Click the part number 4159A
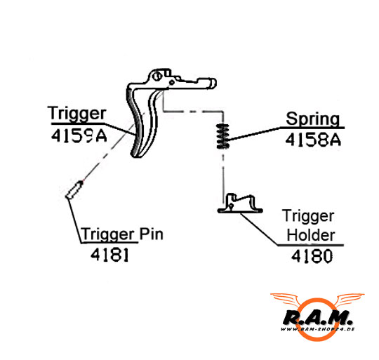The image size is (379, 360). [x=79, y=135]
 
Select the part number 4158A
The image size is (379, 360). [x=313, y=140]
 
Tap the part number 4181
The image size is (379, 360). [x=109, y=255]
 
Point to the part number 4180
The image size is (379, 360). [x=312, y=256]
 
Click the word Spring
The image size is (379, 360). [x=313, y=119]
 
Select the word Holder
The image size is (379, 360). [x=311, y=235]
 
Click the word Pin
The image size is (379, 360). [x=152, y=234]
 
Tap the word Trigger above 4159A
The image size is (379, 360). [x=77, y=113]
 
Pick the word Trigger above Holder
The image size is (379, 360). [x=308, y=216]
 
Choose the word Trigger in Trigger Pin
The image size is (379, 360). [x=108, y=234]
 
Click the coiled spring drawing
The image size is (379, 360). [x=222, y=136]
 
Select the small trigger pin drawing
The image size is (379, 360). [x=74, y=190]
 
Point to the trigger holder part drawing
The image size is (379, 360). [x=240, y=204]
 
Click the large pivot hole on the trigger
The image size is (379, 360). [x=157, y=76]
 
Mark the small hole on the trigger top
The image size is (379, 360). [x=172, y=82]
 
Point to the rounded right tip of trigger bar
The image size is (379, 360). [x=213, y=83]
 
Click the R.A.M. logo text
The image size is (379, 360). [x=318, y=317]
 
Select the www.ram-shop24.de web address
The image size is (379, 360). [x=318, y=329]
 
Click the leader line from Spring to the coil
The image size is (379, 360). [x=254, y=133]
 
